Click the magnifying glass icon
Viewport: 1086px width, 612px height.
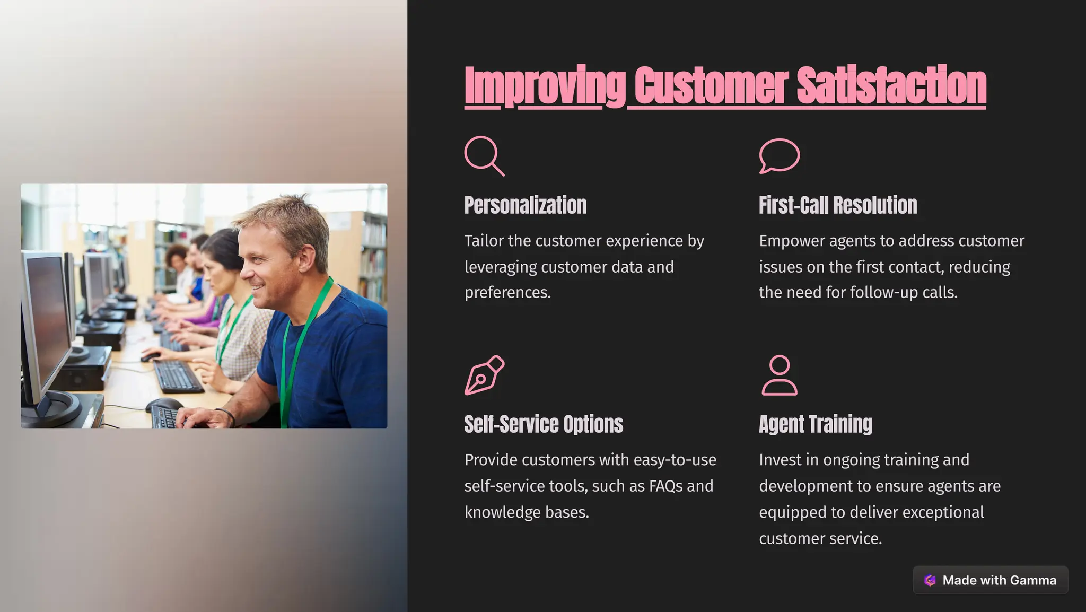484,156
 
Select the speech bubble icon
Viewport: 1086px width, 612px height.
779,155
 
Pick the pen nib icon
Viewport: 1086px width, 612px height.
484,375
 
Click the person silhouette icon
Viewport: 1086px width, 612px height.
779,375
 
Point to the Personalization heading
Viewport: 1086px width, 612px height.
525,205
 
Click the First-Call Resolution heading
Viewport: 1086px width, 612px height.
838,205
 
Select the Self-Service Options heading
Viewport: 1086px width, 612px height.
544,424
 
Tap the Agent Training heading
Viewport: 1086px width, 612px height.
815,424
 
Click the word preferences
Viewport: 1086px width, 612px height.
507,293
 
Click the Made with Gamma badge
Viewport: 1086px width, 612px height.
990,580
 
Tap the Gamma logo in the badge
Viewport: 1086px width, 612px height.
930,580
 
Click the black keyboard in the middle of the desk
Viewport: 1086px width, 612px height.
177,376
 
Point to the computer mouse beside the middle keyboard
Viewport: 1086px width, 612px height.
150,356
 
